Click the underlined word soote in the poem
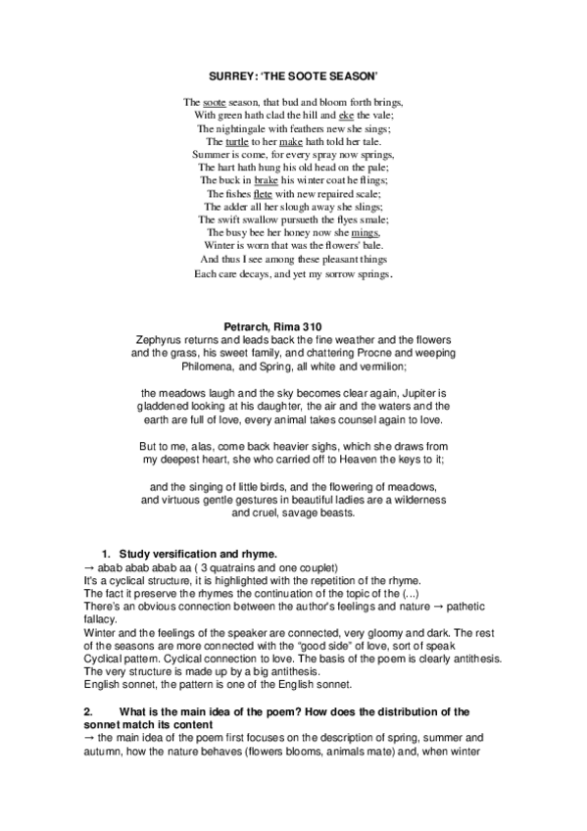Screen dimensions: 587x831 pyautogui.click(x=211, y=102)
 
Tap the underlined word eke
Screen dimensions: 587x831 pyautogui.click(x=345, y=115)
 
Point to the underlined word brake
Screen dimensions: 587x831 pyautogui.click(x=267, y=180)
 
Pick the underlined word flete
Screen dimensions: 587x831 pyautogui.click(x=263, y=193)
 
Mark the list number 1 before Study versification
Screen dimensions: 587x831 pyautogui.click(x=107, y=555)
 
